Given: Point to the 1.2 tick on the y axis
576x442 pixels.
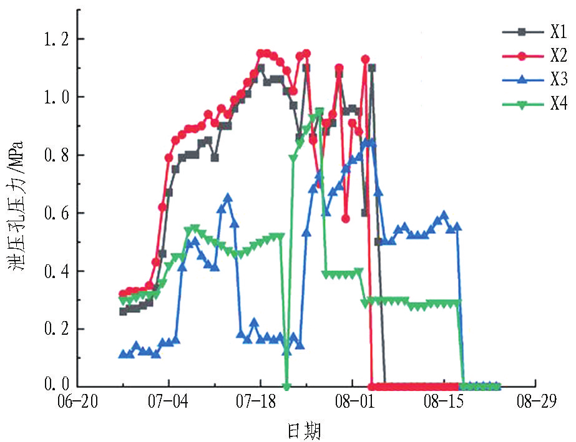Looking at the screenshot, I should point(53,39).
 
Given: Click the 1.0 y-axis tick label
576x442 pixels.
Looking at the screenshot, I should point(53,97).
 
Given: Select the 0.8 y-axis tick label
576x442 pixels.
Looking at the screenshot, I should point(53,155).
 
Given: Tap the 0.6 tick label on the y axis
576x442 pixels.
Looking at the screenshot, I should point(53,213).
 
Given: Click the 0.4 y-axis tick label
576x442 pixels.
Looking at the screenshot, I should point(53,271).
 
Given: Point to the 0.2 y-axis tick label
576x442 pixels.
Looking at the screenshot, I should point(53,329).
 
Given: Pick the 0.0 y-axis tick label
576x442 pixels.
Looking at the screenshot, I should point(53,387).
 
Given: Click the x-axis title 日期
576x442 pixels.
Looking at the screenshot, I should point(305,430).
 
